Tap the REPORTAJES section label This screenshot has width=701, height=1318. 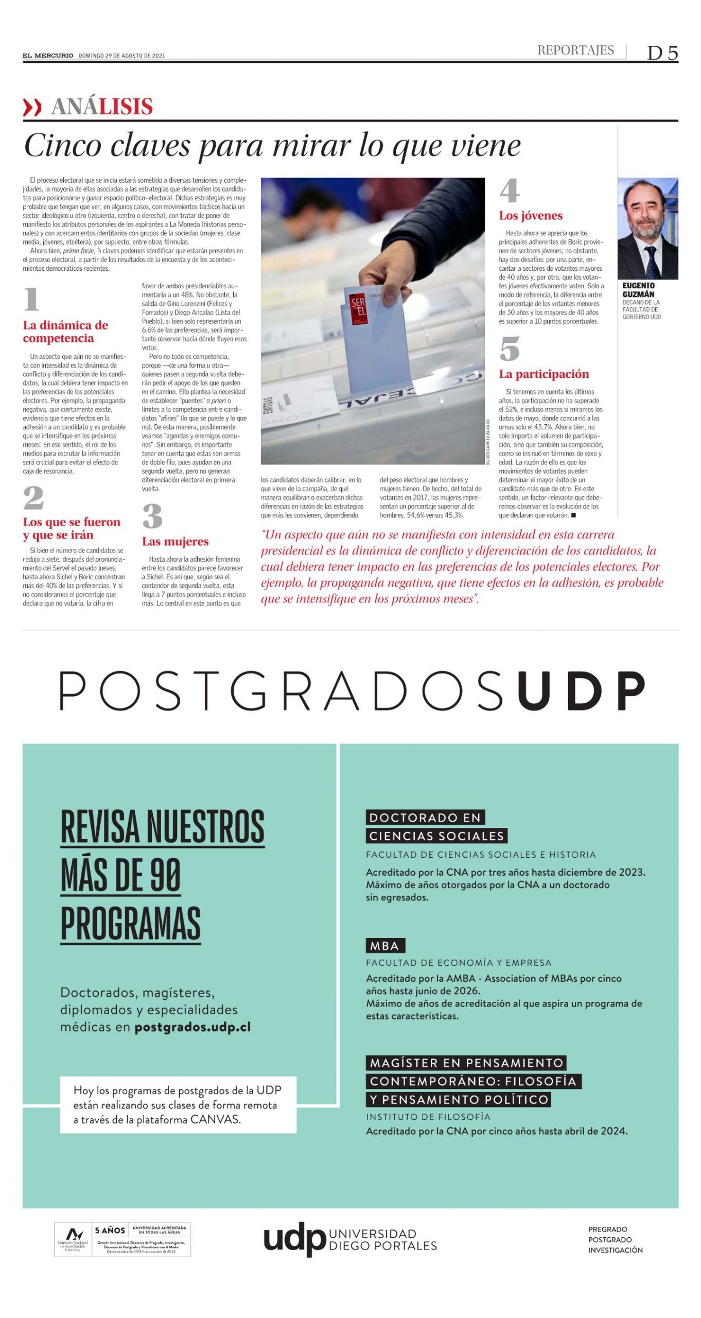click(x=575, y=50)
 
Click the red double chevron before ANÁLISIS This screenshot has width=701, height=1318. click(x=32, y=108)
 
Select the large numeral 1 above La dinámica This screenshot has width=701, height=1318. click(x=32, y=300)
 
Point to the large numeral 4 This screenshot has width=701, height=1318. click(x=510, y=191)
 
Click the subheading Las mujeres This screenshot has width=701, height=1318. click(x=175, y=541)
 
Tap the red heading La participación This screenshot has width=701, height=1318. click(x=544, y=374)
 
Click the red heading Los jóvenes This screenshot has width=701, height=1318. click(x=531, y=216)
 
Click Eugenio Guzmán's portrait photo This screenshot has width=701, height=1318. click(x=647, y=229)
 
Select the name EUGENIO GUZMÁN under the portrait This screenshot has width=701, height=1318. click(x=638, y=290)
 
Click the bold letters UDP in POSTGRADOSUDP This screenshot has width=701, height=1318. click(x=581, y=691)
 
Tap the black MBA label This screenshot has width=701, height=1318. click(x=385, y=946)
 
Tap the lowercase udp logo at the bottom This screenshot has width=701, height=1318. click(x=294, y=1239)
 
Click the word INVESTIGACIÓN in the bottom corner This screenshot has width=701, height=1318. click(x=615, y=1250)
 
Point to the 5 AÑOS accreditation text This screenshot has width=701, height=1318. click(x=110, y=1230)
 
